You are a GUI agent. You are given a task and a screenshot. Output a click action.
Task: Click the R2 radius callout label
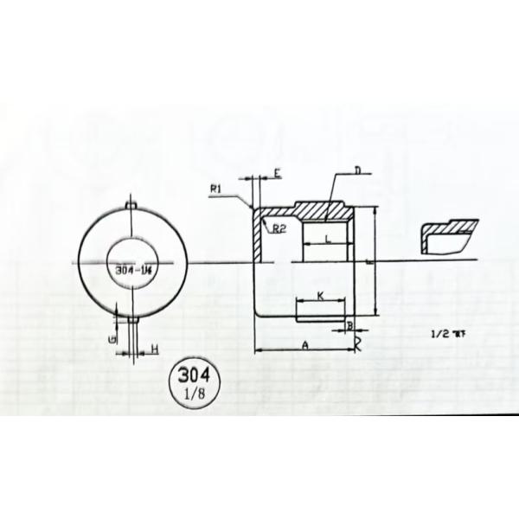(x=279, y=228)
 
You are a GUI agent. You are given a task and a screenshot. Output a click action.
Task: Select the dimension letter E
(x=276, y=175)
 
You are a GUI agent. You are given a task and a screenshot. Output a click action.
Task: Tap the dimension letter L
(x=326, y=237)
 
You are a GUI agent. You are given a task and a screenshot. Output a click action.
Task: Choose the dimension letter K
(x=320, y=297)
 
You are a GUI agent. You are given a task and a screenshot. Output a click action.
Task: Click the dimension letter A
(x=304, y=343)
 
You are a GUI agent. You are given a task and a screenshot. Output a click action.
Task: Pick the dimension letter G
(x=113, y=339)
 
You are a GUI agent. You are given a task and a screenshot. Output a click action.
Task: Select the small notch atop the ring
(x=130, y=203)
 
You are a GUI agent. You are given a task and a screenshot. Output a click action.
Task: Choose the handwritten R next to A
(x=356, y=343)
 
